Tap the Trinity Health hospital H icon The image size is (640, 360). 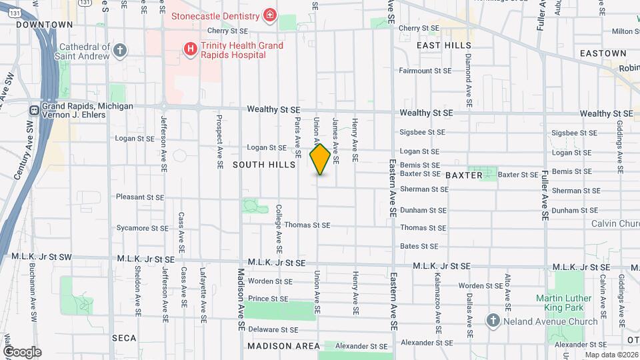(191, 49)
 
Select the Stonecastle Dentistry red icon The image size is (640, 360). (269, 15)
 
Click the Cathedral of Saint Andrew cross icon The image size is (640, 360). (120, 50)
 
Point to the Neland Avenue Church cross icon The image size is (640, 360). (493, 321)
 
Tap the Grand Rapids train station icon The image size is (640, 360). (33, 110)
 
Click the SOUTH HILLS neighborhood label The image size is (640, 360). (264, 164)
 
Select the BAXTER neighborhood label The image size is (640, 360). (463, 175)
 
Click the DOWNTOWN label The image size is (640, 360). (44, 25)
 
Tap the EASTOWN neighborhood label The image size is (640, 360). (603, 53)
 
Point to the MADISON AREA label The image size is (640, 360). (279, 346)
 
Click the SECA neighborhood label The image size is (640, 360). (124, 338)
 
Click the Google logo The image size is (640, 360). (22, 351)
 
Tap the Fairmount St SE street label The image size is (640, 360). (425, 70)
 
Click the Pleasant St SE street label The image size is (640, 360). (140, 197)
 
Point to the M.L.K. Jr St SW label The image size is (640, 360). (41, 257)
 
